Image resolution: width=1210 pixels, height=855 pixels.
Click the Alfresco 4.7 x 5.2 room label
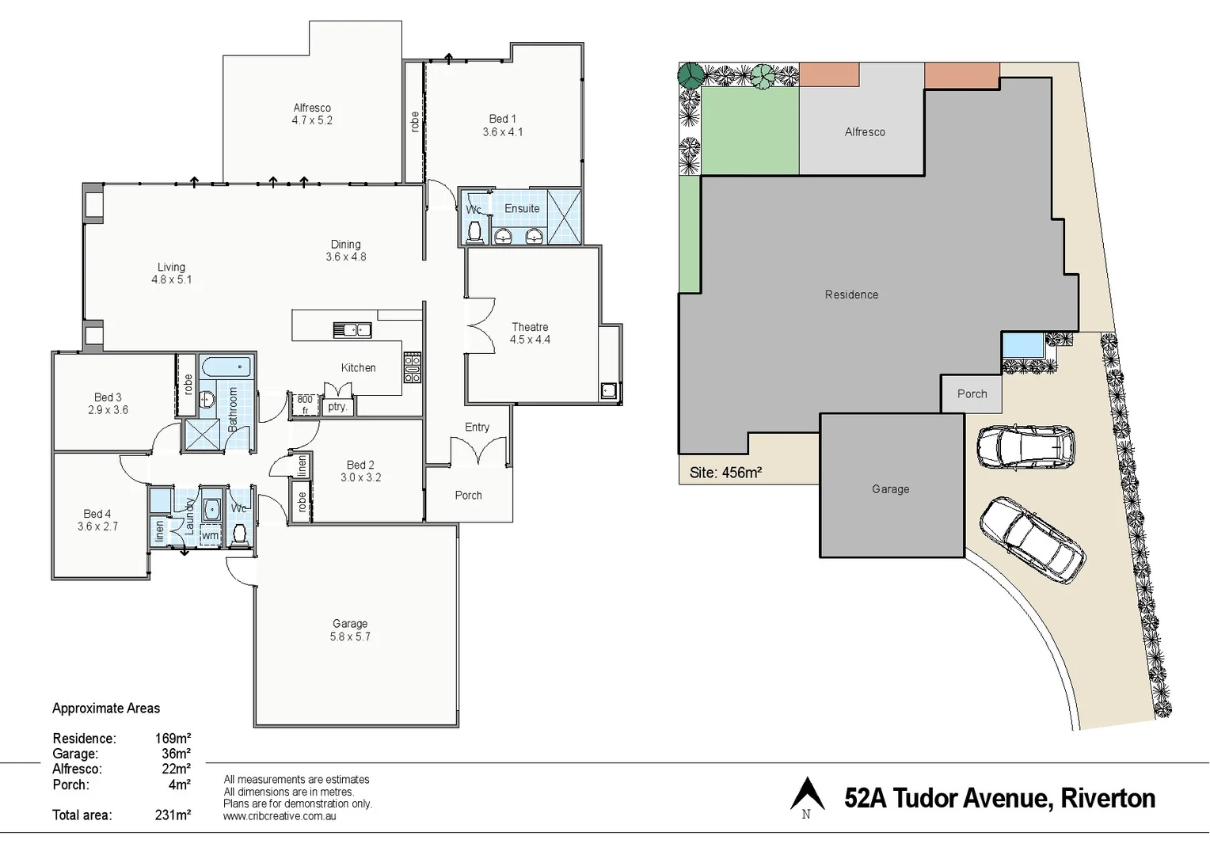(312, 114)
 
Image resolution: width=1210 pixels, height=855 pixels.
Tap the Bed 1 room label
(502, 125)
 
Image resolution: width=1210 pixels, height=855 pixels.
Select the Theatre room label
(530, 332)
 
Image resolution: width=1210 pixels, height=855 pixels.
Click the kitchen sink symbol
(352, 329)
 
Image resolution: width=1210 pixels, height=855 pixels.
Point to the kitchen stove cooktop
(413, 368)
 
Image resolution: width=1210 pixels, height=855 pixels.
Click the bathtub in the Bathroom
(226, 367)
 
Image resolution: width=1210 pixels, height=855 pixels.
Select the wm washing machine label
(210, 535)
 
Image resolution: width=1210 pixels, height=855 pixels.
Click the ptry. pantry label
(337, 406)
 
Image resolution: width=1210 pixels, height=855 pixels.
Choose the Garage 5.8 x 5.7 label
(350, 630)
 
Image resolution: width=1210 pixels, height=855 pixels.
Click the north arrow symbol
(807, 794)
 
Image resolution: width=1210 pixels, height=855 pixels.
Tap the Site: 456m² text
(725, 473)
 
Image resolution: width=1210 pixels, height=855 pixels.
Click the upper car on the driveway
(1025, 447)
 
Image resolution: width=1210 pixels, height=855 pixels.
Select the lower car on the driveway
(1031, 539)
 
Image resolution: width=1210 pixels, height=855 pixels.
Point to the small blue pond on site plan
(1022, 346)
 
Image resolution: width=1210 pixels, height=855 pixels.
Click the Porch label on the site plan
(972, 393)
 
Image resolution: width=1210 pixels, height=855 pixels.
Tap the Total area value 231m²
(173, 815)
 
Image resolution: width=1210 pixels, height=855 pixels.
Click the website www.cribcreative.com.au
(280, 816)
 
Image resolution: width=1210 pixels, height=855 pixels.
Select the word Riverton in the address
(1108, 798)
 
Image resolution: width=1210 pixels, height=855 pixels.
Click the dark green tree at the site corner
(691, 75)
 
